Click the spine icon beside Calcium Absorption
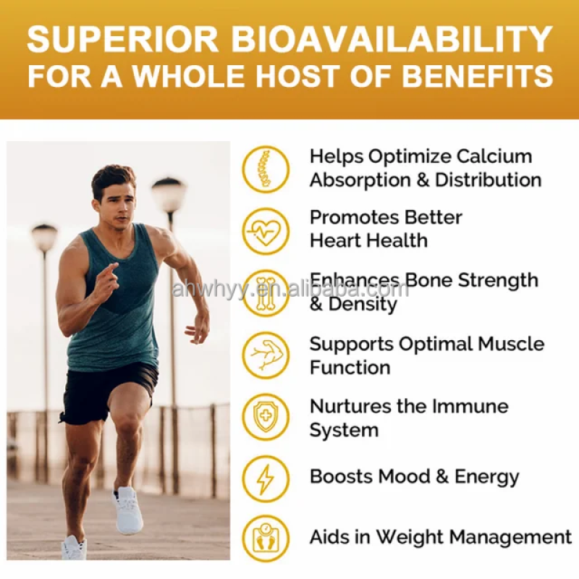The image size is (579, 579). (x=266, y=169)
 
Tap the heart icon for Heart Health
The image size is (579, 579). (x=266, y=231)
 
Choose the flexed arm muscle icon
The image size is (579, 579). (x=266, y=355)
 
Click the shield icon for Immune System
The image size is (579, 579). (x=266, y=418)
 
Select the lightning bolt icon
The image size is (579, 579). (x=266, y=478)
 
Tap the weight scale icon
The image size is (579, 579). (x=266, y=538)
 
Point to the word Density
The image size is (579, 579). (x=363, y=304)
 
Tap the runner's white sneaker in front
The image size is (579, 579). (x=127, y=510)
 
